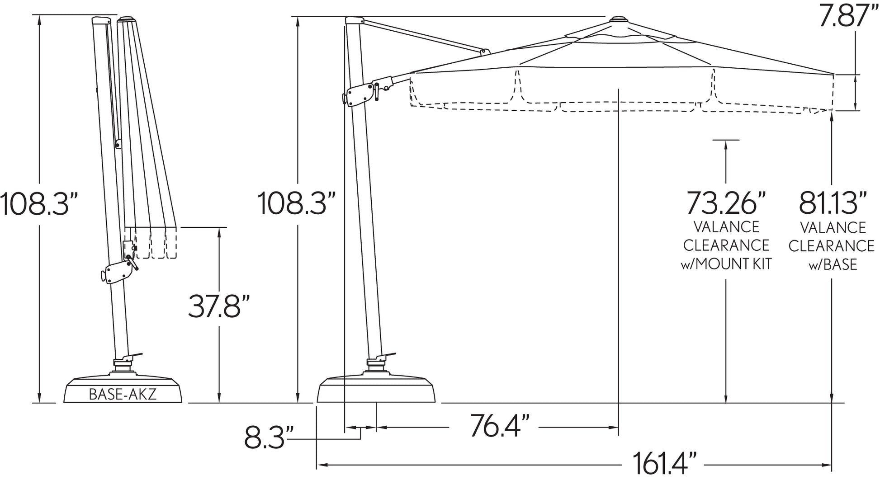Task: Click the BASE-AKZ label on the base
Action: (123, 394)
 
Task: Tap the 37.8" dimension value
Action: (219, 306)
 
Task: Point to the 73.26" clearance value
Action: (726, 203)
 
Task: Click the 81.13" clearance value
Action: (832, 203)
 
